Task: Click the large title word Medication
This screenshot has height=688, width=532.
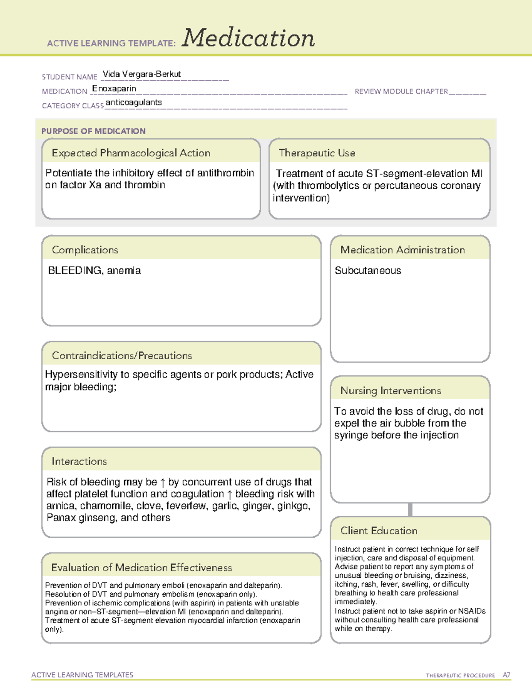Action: pyautogui.click(x=248, y=38)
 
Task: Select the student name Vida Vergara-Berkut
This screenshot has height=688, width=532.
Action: pyautogui.click(x=142, y=74)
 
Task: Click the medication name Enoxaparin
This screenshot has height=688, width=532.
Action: pyautogui.click(x=114, y=89)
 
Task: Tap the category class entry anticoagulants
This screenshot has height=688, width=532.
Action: pyautogui.click(x=134, y=103)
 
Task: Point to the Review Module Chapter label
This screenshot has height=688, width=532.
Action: pyautogui.click(x=401, y=92)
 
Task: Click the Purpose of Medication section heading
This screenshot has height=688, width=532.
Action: pyautogui.click(x=94, y=131)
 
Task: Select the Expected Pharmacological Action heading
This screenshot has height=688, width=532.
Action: pyautogui.click(x=131, y=153)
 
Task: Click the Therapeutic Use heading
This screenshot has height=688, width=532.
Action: pyautogui.click(x=317, y=153)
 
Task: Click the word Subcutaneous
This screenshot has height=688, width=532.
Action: pyautogui.click(x=368, y=271)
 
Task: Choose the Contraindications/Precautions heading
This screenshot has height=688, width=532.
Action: pyautogui.click(x=122, y=356)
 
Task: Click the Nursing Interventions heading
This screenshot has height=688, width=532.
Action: pyautogui.click(x=391, y=391)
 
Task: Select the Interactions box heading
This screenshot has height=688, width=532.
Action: pyautogui.click(x=79, y=462)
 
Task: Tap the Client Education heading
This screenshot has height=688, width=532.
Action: pyautogui.click(x=379, y=531)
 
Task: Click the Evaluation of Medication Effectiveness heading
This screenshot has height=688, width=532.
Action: pyautogui.click(x=141, y=568)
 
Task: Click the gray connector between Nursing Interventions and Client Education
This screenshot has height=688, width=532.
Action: pyautogui.click(x=410, y=510)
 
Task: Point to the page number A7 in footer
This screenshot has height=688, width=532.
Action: pyautogui.click(x=506, y=676)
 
